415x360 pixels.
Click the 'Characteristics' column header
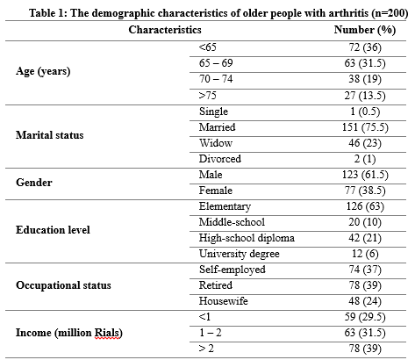(x=165, y=30)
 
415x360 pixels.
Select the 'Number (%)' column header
(x=365, y=30)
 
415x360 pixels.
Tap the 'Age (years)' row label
(x=43, y=71)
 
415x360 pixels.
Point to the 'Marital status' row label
(x=50, y=135)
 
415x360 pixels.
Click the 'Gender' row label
(x=34, y=183)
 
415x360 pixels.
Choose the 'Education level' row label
(x=53, y=230)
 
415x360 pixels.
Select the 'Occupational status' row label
(x=63, y=285)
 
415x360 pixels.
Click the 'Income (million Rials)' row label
(x=69, y=333)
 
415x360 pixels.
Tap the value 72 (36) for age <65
(x=365, y=47)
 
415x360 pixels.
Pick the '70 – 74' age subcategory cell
(x=216, y=79)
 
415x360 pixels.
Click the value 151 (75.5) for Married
(x=365, y=127)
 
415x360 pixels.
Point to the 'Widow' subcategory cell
(x=216, y=143)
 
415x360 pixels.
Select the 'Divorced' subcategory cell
(x=220, y=159)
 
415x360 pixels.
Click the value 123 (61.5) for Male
(x=365, y=175)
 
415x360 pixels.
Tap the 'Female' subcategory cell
(x=216, y=191)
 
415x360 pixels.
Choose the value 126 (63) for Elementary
(x=365, y=206)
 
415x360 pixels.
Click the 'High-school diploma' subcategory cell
(x=247, y=238)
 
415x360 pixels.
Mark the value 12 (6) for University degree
(x=365, y=254)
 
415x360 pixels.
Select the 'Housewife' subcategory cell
(x=224, y=301)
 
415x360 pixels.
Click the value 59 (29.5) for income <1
(x=365, y=317)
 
